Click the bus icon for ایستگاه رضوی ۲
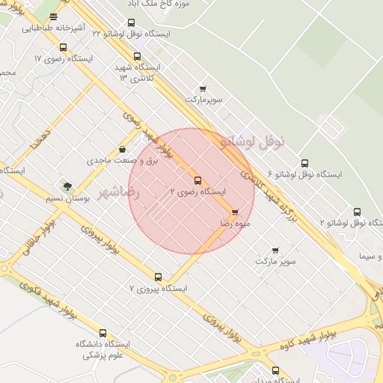[197, 180]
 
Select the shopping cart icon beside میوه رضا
[236, 212]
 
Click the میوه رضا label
[235, 223]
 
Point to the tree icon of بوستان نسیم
[68, 186]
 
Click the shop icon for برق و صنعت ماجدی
[122, 150]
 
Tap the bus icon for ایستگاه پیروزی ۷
[158, 277]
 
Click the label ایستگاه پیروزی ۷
[158, 288]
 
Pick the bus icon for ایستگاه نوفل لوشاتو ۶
[304, 163]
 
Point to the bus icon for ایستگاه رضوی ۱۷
[62, 46]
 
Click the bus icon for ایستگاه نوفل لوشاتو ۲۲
[132, 23]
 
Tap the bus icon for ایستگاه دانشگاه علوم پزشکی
[102, 334]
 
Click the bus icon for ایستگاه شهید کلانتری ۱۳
[137, 56]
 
